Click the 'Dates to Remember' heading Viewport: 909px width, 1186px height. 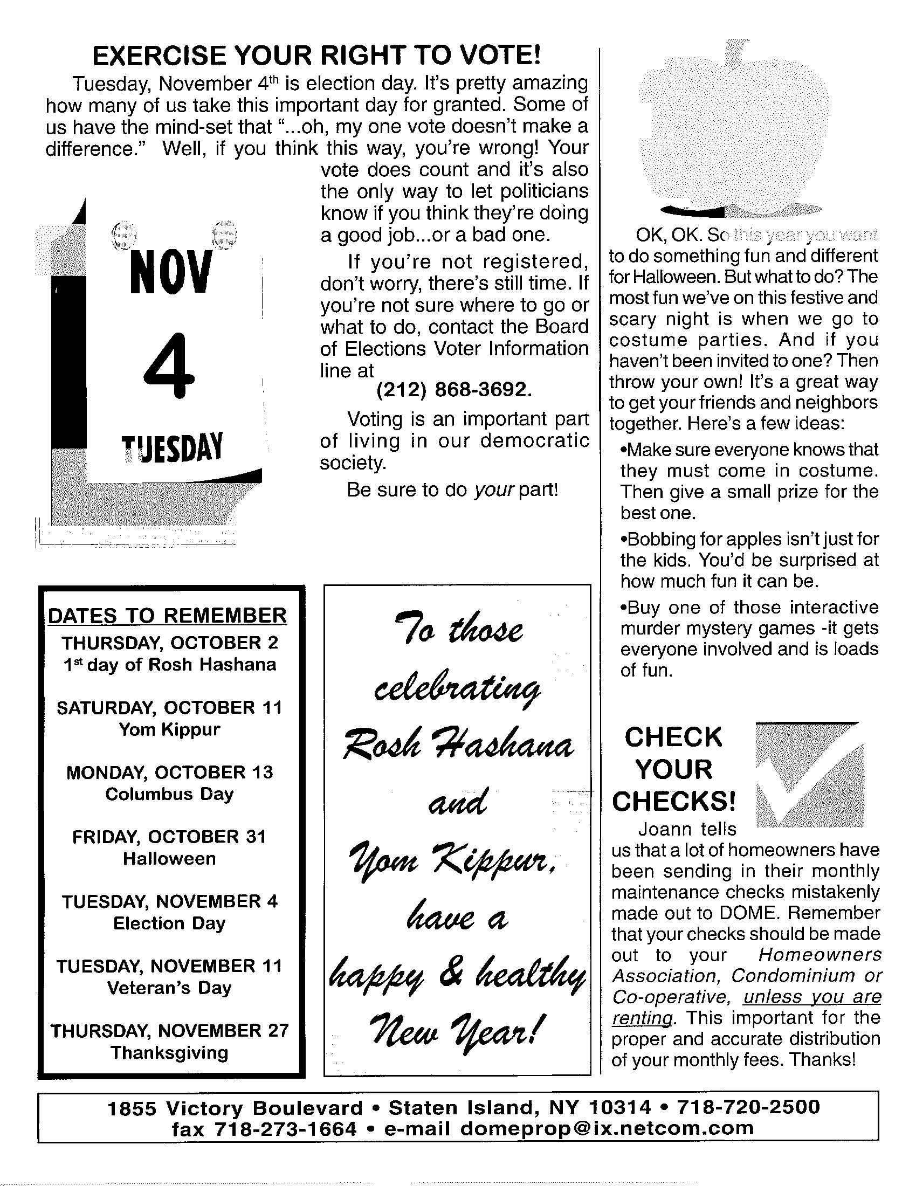168,616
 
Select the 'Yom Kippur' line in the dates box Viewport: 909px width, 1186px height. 170,729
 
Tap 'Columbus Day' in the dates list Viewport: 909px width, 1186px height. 170,794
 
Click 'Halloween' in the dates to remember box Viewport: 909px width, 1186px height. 170,859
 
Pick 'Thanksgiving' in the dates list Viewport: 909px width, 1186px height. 170,1053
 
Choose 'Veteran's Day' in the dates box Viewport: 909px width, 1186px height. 170,988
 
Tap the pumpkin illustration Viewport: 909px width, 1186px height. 731,130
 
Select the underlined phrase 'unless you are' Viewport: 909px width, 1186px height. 812,997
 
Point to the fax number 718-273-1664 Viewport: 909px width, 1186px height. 286,1129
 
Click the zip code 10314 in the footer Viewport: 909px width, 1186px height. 620,1107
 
